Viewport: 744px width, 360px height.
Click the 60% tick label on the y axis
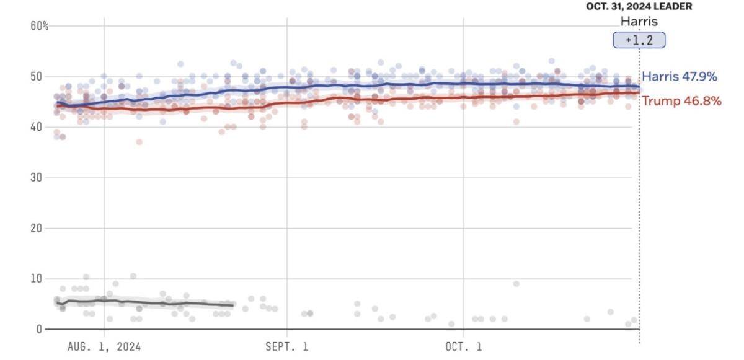point(40,26)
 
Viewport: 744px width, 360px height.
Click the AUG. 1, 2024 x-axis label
point(104,346)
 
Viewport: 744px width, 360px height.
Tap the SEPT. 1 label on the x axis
point(287,346)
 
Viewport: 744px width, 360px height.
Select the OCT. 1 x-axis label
point(464,346)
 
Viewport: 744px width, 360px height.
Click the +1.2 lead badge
point(639,41)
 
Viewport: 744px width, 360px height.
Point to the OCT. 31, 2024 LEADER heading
point(639,6)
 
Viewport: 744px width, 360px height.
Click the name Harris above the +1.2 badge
point(639,21)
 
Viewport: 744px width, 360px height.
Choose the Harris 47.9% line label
point(680,77)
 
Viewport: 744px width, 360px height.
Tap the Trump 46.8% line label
point(681,101)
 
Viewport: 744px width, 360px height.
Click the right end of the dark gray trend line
point(232,305)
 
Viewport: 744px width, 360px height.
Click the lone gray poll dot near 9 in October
point(516,284)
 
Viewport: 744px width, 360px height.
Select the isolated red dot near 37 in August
point(139,142)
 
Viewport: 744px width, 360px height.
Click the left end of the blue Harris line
point(57,102)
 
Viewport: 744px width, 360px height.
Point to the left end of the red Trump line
point(57,105)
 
